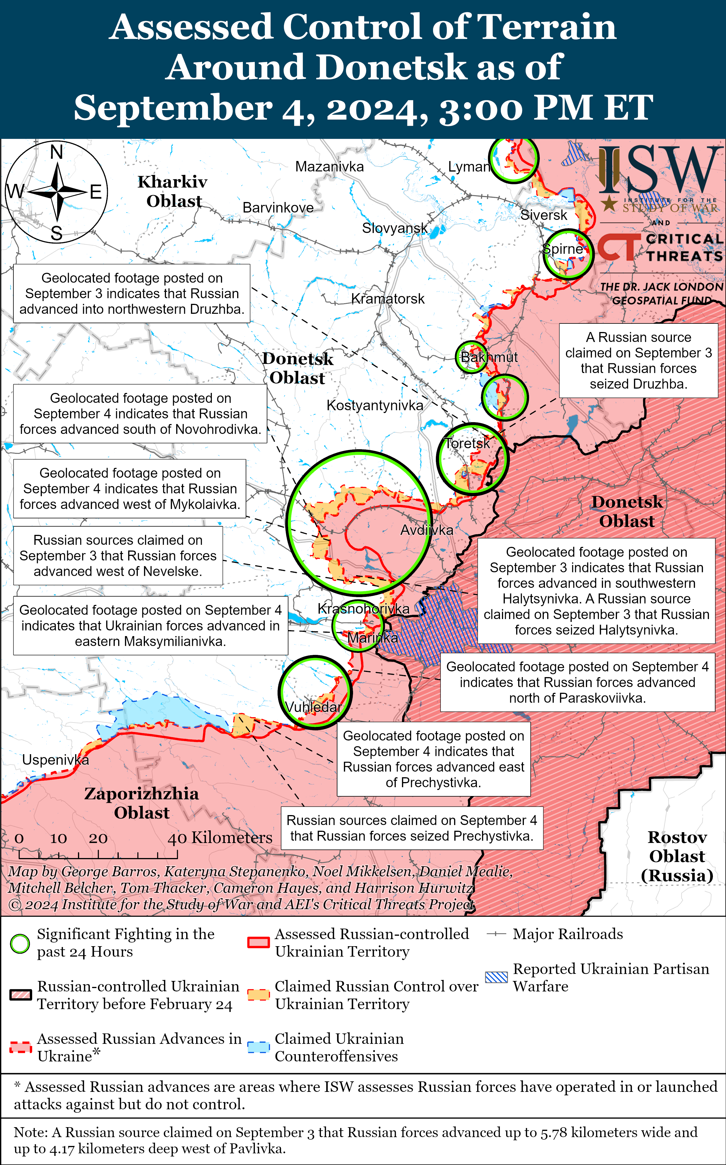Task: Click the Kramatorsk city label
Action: [387, 299]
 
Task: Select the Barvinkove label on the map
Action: [278, 208]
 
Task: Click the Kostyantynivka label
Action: [374, 405]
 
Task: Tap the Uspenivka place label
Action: [55, 760]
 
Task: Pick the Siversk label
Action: [544, 215]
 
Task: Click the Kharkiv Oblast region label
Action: [173, 191]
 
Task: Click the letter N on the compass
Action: [57, 152]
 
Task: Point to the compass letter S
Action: [57, 234]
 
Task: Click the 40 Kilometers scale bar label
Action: [220, 838]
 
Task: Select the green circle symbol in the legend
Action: [20, 944]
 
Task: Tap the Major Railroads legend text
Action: [567, 934]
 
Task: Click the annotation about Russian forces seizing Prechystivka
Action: [411, 828]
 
